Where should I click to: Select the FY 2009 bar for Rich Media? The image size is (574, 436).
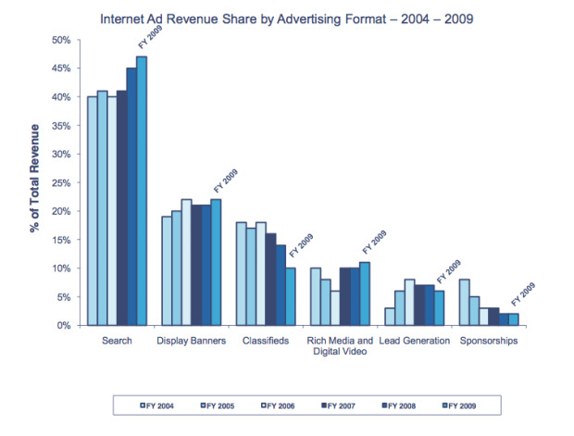[x=364, y=293]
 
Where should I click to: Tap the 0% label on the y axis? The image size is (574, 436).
[x=63, y=325]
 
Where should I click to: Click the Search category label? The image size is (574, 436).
[x=117, y=341]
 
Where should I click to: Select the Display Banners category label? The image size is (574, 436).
[x=191, y=341]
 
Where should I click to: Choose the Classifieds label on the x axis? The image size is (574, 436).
[x=265, y=341]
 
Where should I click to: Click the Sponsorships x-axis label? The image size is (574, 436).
[x=488, y=341]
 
